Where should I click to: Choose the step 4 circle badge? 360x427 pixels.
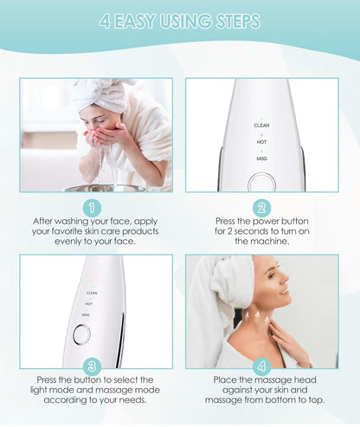coord(261,366)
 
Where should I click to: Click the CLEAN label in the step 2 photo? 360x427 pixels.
coord(261,125)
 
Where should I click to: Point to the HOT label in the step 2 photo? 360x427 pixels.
coord(261,141)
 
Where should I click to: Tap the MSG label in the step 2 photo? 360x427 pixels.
coord(261,159)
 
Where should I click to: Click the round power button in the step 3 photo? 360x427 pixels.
coord(81,334)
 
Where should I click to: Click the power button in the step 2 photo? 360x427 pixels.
coord(261,183)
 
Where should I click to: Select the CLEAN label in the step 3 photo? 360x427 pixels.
coord(92,293)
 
